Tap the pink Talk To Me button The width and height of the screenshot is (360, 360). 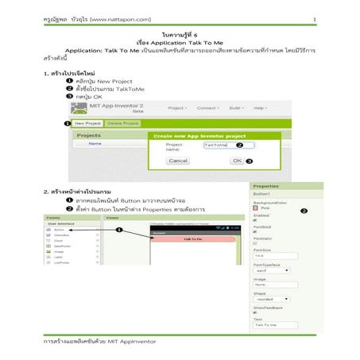click(x=192, y=238)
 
